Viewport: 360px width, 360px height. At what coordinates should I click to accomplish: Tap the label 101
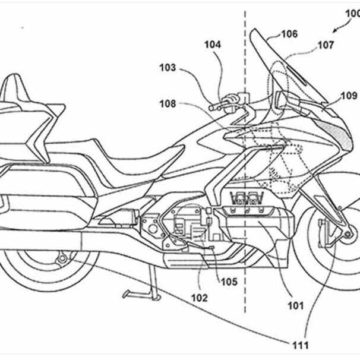pyautogui.click(x=295, y=307)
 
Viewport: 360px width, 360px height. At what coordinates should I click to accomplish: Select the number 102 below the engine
pyautogui.click(x=200, y=298)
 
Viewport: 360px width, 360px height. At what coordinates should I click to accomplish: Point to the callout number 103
pyautogui.click(x=168, y=68)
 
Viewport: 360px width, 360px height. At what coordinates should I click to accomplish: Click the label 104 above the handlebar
pyautogui.click(x=213, y=45)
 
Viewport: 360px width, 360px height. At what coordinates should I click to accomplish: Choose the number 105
pyautogui.click(x=229, y=282)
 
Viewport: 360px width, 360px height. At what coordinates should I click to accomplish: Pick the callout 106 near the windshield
pyautogui.click(x=289, y=34)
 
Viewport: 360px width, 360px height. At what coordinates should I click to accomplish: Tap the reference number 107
pyautogui.click(x=325, y=45)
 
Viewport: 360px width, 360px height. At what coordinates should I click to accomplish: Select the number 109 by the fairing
pyautogui.click(x=349, y=95)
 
